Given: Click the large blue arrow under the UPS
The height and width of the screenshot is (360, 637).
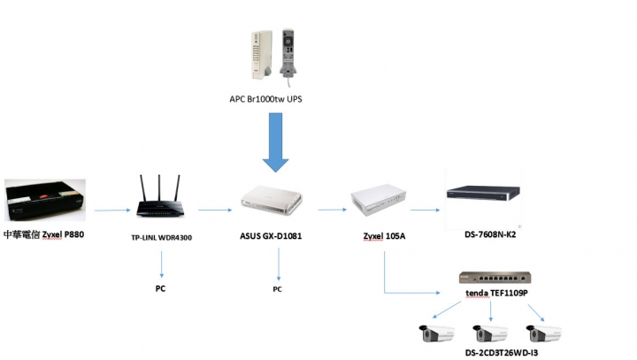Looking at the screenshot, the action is pyautogui.click(x=275, y=142).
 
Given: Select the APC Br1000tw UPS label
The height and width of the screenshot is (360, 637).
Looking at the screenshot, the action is pyautogui.click(x=265, y=99).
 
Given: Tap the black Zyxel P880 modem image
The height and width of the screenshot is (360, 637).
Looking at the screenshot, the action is pyautogui.click(x=45, y=200).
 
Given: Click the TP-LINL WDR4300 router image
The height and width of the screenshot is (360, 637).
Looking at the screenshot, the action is pyautogui.click(x=159, y=196).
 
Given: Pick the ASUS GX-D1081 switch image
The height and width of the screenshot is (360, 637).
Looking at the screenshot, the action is pyautogui.click(x=272, y=200).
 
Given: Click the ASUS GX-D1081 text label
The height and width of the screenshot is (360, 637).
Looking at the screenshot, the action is pyautogui.click(x=271, y=236).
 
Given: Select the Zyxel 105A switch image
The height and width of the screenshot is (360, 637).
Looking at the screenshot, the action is pyautogui.click(x=379, y=200).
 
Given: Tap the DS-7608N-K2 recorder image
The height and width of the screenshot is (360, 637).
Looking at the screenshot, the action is pyautogui.click(x=483, y=193).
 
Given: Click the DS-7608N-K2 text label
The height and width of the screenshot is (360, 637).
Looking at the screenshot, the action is pyautogui.click(x=490, y=234).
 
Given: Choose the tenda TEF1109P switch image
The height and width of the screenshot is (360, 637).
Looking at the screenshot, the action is pyautogui.click(x=495, y=278).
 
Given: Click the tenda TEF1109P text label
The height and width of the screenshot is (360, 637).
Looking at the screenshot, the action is pyautogui.click(x=496, y=293).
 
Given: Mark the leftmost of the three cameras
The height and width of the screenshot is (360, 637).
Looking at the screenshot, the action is pyautogui.click(x=437, y=333).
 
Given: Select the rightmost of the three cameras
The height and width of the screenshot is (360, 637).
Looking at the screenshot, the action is pyautogui.click(x=543, y=333).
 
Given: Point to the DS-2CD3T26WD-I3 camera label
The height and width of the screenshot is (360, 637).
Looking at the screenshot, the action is pyautogui.click(x=502, y=353).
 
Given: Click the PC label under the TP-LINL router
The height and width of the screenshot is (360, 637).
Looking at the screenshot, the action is pyautogui.click(x=160, y=288).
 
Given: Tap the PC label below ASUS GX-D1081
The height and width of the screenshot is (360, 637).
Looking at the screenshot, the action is pyautogui.click(x=277, y=289).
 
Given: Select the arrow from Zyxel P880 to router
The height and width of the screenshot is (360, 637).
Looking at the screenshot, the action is pyautogui.click(x=112, y=210).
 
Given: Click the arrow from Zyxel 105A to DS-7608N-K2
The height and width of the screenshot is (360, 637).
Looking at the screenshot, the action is pyautogui.click(x=425, y=210).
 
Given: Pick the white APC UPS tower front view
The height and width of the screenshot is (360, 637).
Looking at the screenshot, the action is pyautogui.click(x=262, y=55).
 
